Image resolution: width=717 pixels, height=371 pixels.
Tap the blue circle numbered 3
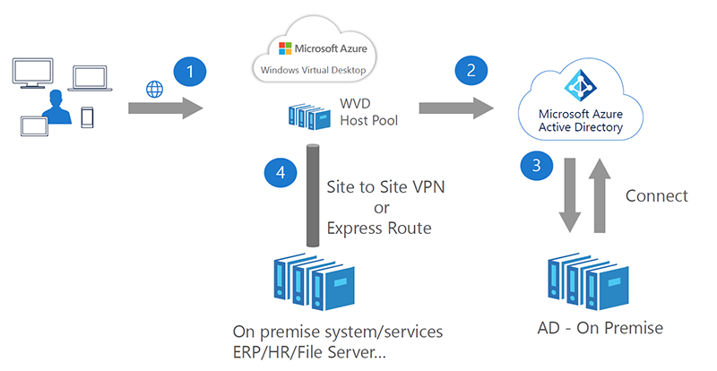537,167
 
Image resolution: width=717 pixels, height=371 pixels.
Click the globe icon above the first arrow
152,88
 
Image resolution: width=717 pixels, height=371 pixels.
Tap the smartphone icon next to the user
88,118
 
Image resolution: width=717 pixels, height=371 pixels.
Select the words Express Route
378,229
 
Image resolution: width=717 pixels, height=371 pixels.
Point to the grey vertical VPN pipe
314,193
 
